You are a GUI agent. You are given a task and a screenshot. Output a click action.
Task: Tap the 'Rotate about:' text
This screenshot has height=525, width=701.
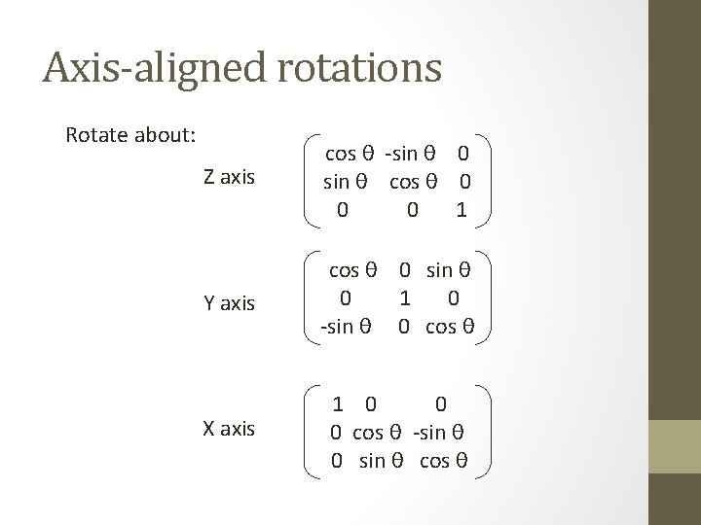[130, 134]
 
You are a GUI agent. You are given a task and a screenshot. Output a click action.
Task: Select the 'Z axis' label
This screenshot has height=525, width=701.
[229, 177]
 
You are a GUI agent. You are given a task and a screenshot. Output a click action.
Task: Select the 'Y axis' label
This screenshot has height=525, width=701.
[229, 303]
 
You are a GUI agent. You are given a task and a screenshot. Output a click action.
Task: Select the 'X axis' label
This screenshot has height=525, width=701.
[229, 429]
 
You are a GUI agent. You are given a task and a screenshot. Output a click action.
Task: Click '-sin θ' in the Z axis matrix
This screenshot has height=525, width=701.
[415, 154]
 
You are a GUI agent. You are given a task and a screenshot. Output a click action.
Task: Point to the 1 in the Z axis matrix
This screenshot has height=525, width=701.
[461, 209]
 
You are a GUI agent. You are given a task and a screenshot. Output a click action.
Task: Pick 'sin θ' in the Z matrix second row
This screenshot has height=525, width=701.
[349, 181]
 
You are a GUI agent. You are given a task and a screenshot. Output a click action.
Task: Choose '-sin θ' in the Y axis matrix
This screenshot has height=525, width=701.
[345, 325]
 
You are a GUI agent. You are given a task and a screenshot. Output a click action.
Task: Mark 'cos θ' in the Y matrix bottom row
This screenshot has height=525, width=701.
[449, 325]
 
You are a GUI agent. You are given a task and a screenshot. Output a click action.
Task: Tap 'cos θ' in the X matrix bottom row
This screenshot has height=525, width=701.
[443, 459]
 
